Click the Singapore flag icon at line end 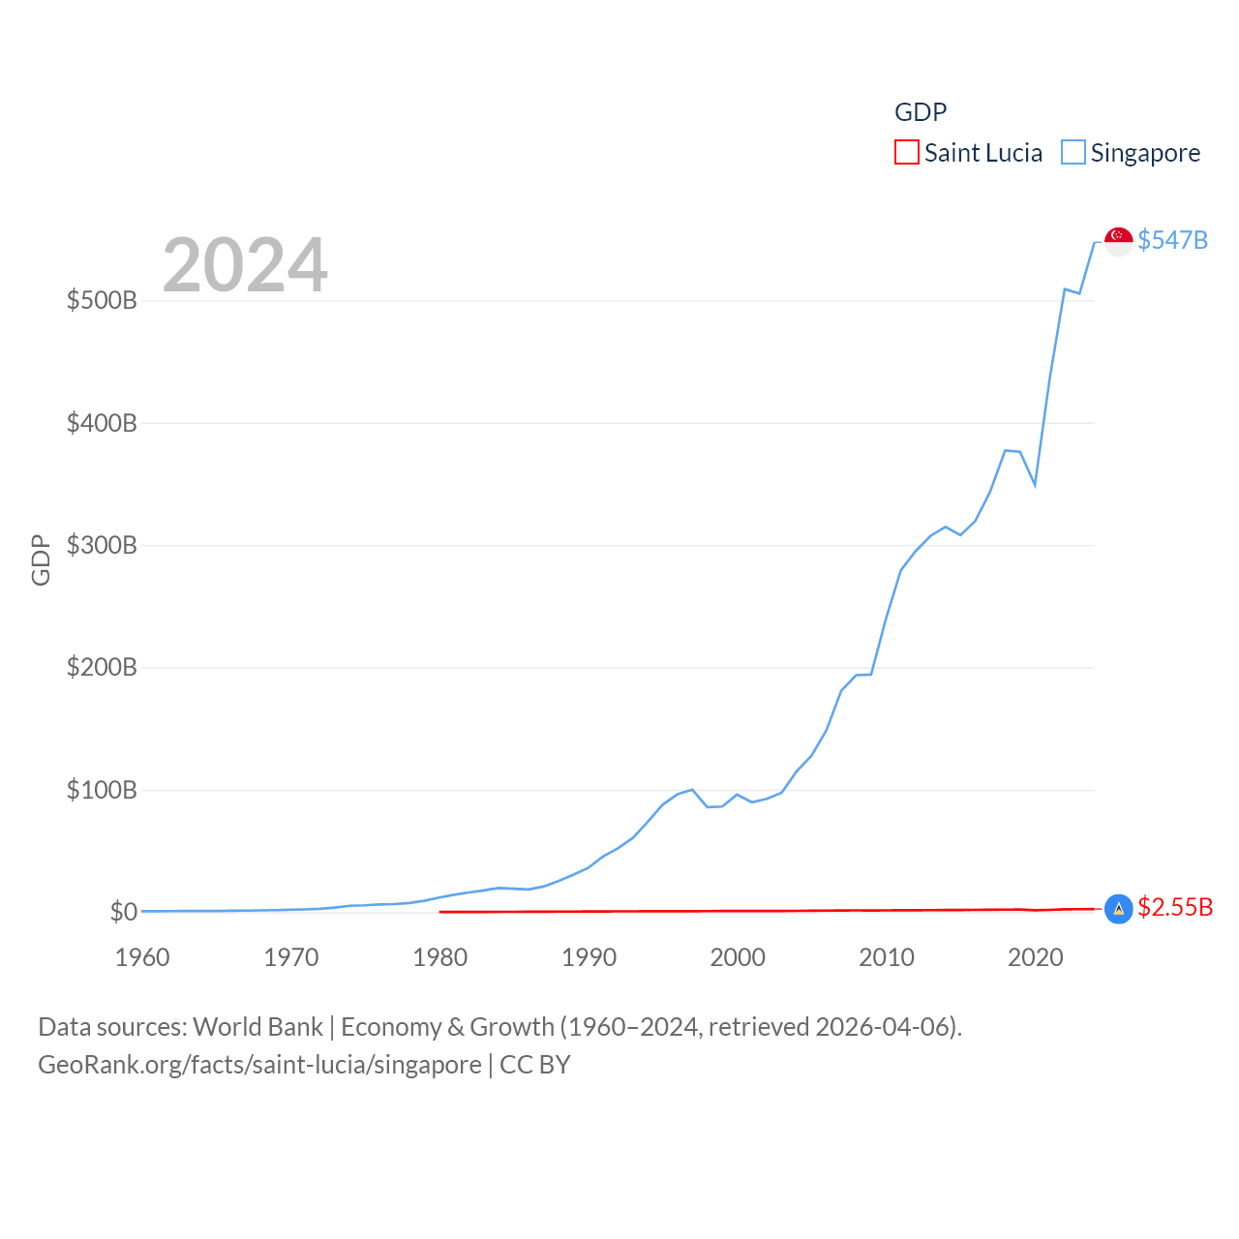click(x=1118, y=241)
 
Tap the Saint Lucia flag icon click(x=1118, y=908)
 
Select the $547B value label click(x=1172, y=240)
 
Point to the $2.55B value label click(x=1175, y=907)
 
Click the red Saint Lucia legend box click(x=906, y=152)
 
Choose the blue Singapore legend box click(x=1073, y=152)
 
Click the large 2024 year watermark click(x=245, y=264)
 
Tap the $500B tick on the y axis click(x=102, y=300)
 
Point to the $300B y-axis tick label click(x=102, y=545)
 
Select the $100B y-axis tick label click(x=102, y=790)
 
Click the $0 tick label click(x=123, y=912)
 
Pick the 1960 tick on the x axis click(x=142, y=957)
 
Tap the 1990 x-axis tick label click(x=589, y=957)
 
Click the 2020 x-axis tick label click(x=1036, y=957)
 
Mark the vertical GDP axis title click(x=41, y=559)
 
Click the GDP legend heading click(x=921, y=112)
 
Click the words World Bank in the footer click(x=257, y=1026)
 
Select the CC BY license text click(x=534, y=1065)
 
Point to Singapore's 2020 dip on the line click(x=1035, y=484)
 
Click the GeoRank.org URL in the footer click(x=259, y=1065)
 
